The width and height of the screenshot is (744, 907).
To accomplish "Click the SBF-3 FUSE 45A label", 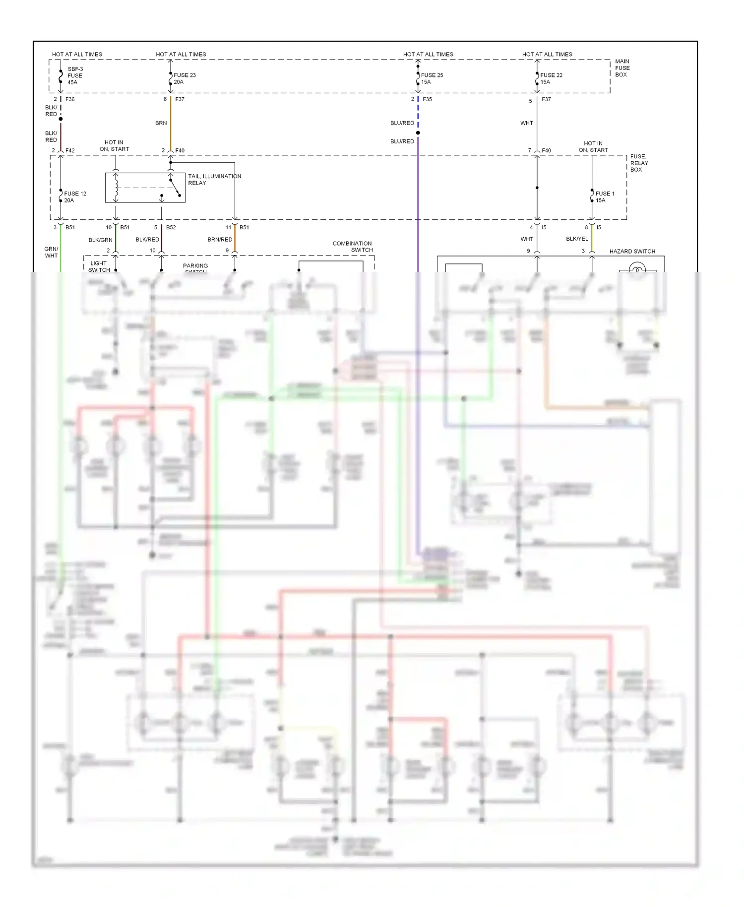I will pos(74,76).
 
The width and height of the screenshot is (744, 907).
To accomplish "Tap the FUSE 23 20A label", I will pos(185,78).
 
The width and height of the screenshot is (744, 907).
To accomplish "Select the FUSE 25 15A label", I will pos(432,78).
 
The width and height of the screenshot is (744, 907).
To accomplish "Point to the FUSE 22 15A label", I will pos(551,78).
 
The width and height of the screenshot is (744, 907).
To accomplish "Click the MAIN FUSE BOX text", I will pos(622,68).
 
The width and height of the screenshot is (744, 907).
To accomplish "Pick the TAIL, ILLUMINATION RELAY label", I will pos(214,180).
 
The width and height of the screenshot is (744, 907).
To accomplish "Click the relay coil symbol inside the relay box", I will pos(116,187).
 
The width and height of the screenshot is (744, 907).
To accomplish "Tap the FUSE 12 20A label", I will pos(75,197).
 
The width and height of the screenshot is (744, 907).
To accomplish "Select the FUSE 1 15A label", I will pos(604,197).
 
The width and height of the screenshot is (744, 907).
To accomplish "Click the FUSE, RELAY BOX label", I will pos(639,163).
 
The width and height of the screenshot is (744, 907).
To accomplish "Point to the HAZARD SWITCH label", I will pos(632,251).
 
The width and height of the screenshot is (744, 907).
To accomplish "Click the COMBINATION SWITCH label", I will pos(353,247).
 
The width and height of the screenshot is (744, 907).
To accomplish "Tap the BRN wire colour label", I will pos(161,123).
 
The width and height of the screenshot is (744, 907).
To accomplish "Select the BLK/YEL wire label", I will pos(577,239).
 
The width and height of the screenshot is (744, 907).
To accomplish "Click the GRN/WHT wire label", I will pos(51,252).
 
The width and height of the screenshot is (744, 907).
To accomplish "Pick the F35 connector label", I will pos(427,99).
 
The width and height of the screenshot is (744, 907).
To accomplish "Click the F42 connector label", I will pos(70,150).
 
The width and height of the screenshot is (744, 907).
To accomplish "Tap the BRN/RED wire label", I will pos(220,240).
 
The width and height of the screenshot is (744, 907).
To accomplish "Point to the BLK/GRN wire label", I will pos(100,240).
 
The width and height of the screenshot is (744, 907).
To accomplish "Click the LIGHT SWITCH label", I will pos(99,266).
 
